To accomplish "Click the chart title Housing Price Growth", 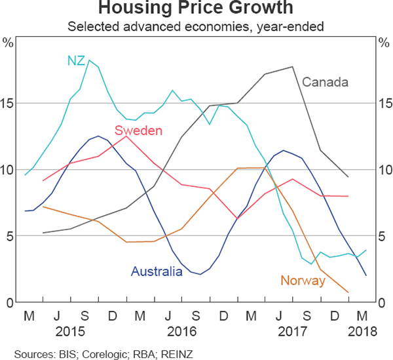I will (196, 9).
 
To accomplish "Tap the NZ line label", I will (75, 60).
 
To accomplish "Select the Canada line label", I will (325, 82).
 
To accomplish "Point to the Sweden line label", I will (138, 130).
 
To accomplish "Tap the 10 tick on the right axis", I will (384, 170).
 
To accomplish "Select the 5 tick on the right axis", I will (384, 236).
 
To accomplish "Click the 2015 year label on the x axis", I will (70, 330).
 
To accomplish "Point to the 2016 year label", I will (182, 330).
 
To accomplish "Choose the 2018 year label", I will (364, 330).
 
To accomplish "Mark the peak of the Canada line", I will (292, 67).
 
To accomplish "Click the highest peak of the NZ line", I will (89, 60).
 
